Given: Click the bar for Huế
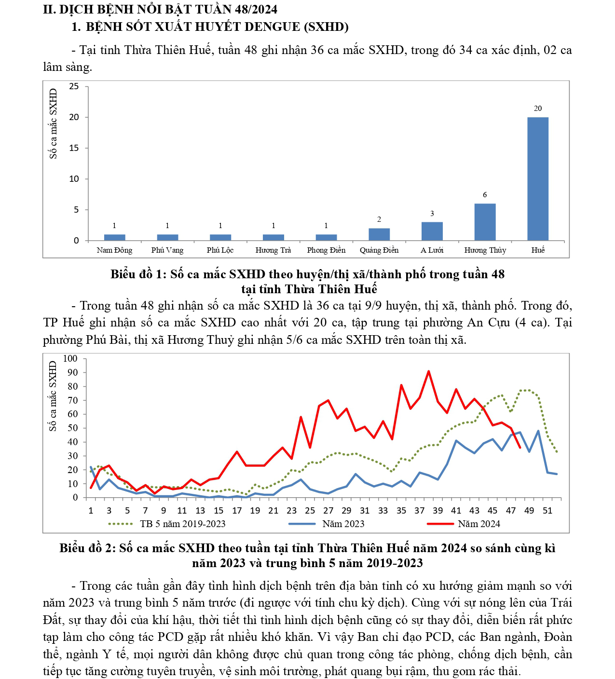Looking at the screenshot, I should click(537, 178).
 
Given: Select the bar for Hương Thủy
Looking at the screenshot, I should click(485, 222).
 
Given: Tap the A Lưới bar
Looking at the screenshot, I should click(432, 231).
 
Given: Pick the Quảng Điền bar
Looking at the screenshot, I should click(379, 234).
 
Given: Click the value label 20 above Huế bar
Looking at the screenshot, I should click(538, 109).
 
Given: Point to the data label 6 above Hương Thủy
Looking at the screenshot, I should click(485, 195).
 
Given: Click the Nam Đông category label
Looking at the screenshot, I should click(114, 250).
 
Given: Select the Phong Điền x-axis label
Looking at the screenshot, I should click(326, 250).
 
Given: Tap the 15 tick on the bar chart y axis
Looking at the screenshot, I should click(74, 148).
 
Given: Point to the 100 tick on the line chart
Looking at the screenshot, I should click(70, 358).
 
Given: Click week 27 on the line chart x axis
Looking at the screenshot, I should click(328, 511).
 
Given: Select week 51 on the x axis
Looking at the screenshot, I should click(547, 511).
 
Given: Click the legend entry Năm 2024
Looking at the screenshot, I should click(478, 524).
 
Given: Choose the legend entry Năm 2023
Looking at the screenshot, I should click(343, 524).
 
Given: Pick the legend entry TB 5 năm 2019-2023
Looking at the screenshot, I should click(182, 524).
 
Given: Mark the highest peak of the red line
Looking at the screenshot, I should click(428, 371).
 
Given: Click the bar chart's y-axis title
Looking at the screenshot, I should click(53, 123).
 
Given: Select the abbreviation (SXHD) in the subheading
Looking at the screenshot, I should click(326, 27).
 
